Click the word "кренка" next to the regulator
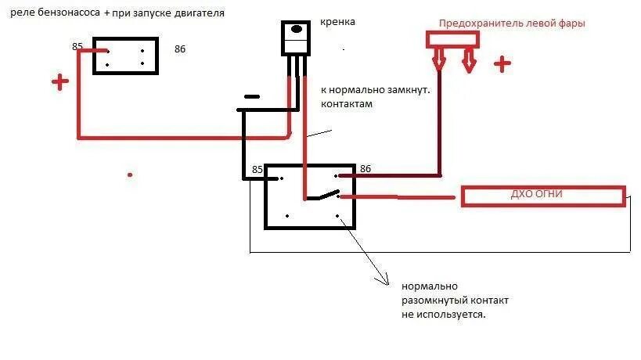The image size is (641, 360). [337, 22]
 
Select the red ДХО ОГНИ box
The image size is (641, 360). [543, 196]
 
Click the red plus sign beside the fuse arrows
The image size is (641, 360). [502, 64]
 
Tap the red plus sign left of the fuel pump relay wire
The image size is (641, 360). [59, 82]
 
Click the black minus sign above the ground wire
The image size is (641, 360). [251, 97]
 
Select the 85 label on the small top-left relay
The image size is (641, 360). [77, 47]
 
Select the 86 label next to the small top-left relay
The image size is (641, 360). [180, 49]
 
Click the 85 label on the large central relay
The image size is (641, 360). [257, 170]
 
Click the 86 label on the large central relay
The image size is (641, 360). [365, 169]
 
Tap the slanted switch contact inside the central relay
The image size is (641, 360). [322, 196]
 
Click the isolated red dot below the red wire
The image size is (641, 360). [130, 175]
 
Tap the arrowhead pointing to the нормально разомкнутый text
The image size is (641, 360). [383, 279]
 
